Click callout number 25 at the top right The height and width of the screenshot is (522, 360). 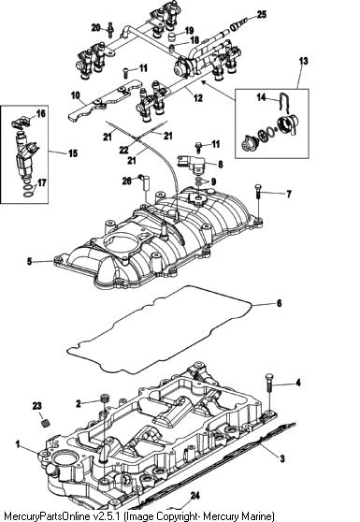[262, 14]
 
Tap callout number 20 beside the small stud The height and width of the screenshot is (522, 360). [95, 28]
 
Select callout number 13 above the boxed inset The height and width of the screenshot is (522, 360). [304, 61]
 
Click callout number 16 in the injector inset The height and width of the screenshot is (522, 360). [40, 113]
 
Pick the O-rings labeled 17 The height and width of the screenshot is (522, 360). [30, 191]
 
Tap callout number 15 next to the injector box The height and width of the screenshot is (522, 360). [73, 153]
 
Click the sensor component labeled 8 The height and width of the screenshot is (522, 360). [191, 164]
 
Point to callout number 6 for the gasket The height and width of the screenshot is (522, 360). [280, 303]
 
